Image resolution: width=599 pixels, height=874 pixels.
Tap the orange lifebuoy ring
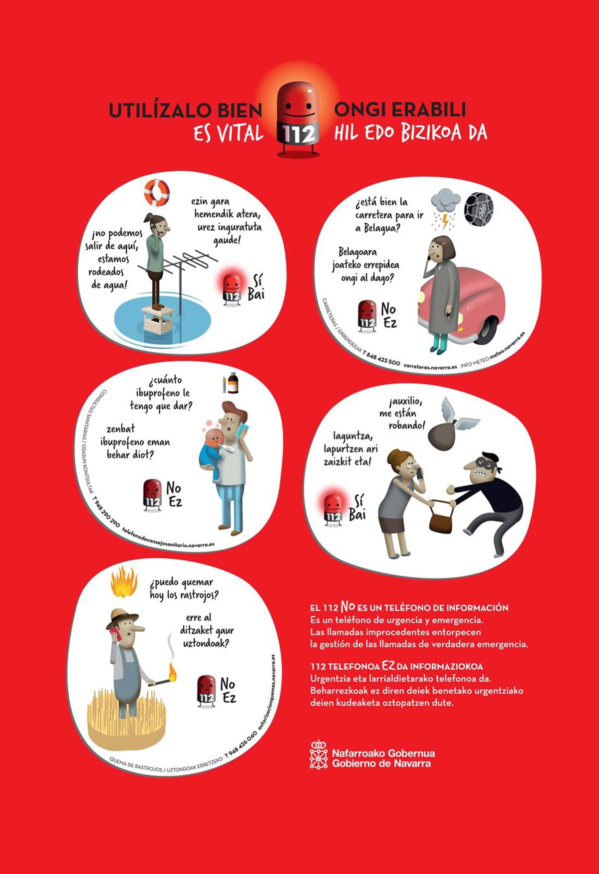157,193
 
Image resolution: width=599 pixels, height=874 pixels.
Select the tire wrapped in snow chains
479,209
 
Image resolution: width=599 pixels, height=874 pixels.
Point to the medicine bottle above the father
233,384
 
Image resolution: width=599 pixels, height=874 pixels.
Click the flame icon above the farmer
124,581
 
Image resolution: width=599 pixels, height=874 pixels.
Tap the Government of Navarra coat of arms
318,754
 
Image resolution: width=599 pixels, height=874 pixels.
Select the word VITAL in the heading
237,133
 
